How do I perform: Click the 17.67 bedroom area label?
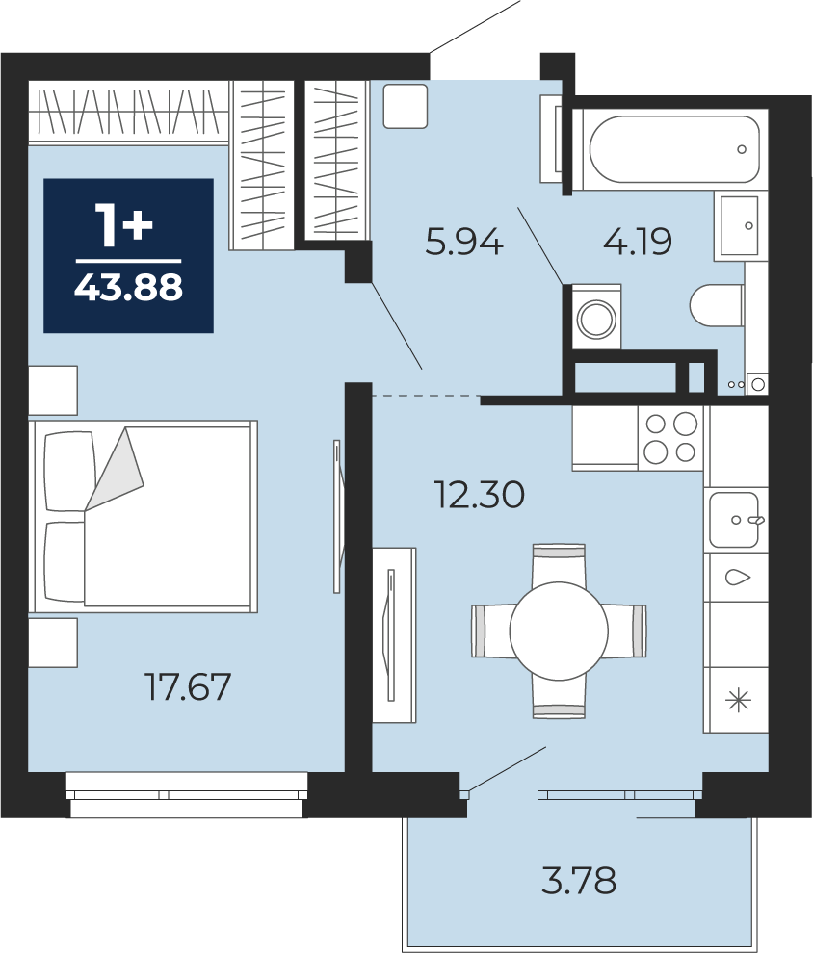[x=187, y=686]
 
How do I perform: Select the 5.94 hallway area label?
[x=464, y=242]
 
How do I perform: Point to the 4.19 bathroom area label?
[x=638, y=241]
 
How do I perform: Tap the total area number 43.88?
[x=128, y=287]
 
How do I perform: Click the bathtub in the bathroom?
[x=673, y=149]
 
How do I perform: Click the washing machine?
[x=596, y=318]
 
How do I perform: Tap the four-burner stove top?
[x=670, y=438]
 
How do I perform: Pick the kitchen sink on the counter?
[x=735, y=520]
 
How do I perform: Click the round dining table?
[x=559, y=631]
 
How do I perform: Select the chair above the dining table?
[x=559, y=564]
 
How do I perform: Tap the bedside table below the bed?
[x=53, y=642]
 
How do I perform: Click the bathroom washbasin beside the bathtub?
[x=740, y=225]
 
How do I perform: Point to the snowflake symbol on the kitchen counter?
[x=738, y=700]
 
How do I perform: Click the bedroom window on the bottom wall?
[x=186, y=794]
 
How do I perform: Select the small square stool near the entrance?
[x=406, y=106]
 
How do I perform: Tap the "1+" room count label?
[x=124, y=225]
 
